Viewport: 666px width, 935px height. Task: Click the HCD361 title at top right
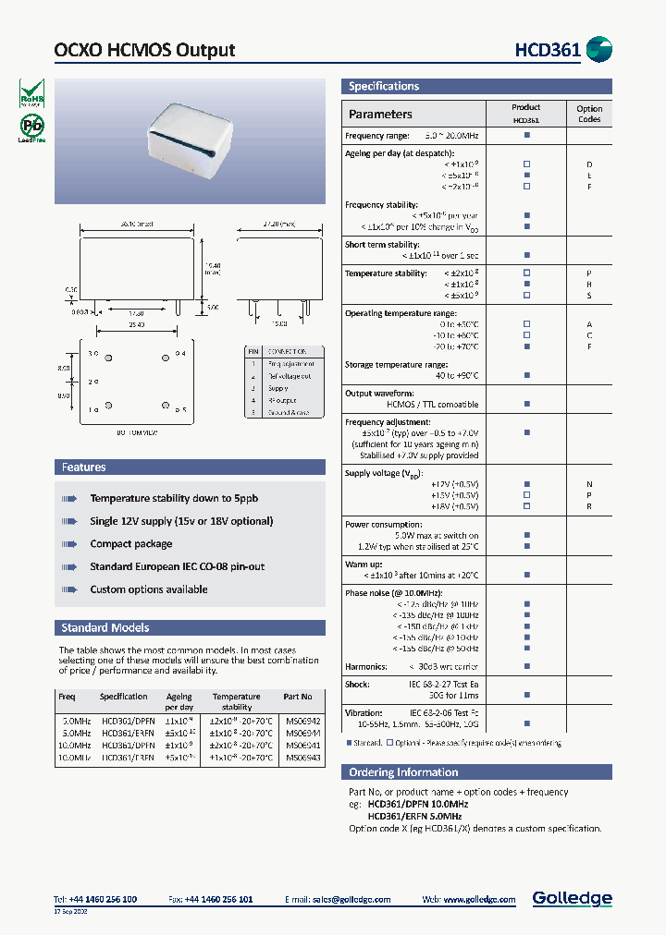click(x=548, y=50)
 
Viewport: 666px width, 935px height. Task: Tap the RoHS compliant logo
click(x=31, y=92)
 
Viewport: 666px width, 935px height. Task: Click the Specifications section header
click(x=384, y=86)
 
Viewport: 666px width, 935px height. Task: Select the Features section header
click(x=84, y=467)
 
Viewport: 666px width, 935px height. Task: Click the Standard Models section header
click(x=105, y=627)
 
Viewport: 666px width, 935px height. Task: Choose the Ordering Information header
click(x=403, y=772)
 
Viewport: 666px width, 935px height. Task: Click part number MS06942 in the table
click(x=302, y=721)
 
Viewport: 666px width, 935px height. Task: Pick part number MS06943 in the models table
click(x=302, y=757)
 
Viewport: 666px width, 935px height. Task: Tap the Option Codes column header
click(x=589, y=114)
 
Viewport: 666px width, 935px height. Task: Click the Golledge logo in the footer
click(x=572, y=898)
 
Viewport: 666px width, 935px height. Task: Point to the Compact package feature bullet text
click(x=131, y=544)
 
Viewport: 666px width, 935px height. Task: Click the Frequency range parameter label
click(x=376, y=135)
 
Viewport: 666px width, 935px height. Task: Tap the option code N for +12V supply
click(x=589, y=484)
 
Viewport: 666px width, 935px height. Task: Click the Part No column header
click(x=298, y=697)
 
